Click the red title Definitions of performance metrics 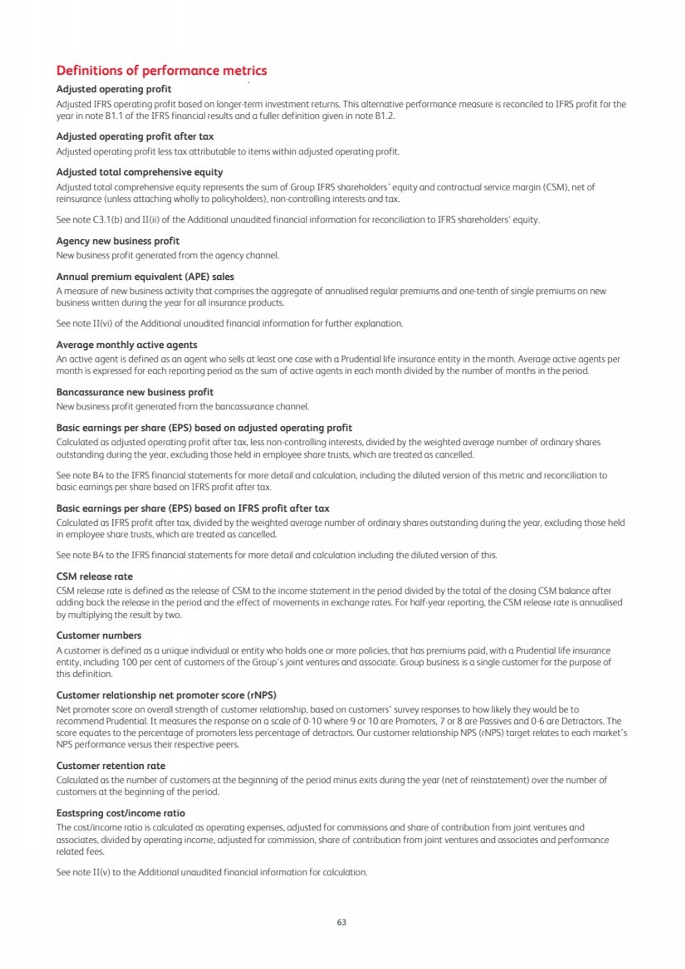pyautogui.click(x=161, y=71)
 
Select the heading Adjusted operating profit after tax pyautogui.click(x=135, y=136)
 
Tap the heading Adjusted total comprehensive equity pyautogui.click(x=140, y=172)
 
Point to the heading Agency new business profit pyautogui.click(x=118, y=241)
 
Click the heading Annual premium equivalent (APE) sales pyautogui.click(x=145, y=277)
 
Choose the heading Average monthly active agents pyautogui.click(x=126, y=345)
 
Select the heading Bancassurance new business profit pyautogui.click(x=135, y=392)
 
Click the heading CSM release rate pyautogui.click(x=94, y=576)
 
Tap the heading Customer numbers pyautogui.click(x=99, y=635)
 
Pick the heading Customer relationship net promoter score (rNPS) pyautogui.click(x=166, y=695)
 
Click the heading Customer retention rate pyautogui.click(x=111, y=766)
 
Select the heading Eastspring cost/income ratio pyautogui.click(x=121, y=813)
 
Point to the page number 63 pyautogui.click(x=341, y=922)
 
